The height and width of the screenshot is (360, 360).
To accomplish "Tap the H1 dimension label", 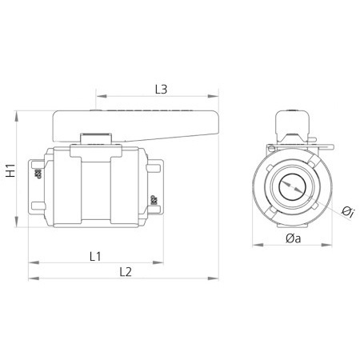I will pos(10,170).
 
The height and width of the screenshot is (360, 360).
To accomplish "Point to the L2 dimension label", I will pos(124,272).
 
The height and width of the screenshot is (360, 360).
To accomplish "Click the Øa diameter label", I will pos(293,238).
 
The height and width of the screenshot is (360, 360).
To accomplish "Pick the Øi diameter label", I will pos(347,211).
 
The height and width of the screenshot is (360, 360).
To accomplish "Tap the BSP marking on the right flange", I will pos(153,199).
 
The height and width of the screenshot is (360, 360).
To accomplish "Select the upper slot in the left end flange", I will pos(36,166).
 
